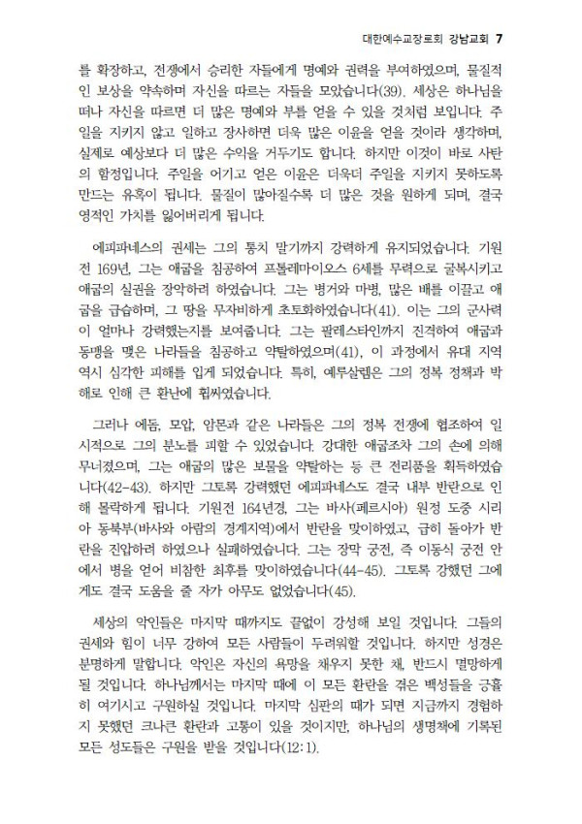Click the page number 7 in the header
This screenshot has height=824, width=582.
498,40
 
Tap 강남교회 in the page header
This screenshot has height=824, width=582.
463,40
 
